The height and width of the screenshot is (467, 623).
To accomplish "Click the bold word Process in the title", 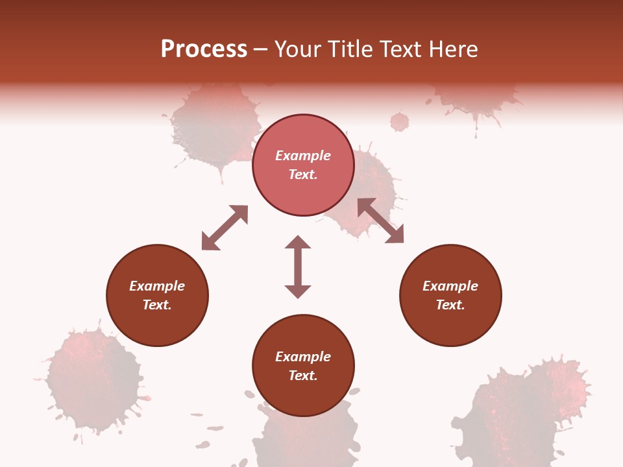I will pyautogui.click(x=204, y=49).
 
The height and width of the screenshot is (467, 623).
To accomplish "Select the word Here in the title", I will pyautogui.click(x=453, y=49).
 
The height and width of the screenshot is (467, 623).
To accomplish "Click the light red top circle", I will pyautogui.click(x=303, y=165).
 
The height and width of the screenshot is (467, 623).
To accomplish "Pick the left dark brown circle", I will pyautogui.click(x=157, y=295).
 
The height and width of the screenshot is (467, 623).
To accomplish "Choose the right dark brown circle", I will pyautogui.click(x=450, y=295).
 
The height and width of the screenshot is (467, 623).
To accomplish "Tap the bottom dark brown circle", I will pyautogui.click(x=303, y=365).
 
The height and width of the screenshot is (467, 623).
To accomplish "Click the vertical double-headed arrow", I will pyautogui.click(x=298, y=267).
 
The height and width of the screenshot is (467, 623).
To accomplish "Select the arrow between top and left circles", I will pyautogui.click(x=225, y=228).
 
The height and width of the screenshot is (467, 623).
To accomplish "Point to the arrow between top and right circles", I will pyautogui.click(x=381, y=221).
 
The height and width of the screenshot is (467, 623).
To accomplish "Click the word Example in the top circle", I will pyautogui.click(x=303, y=156).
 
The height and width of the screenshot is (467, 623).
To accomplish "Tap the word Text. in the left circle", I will pyautogui.click(x=157, y=305).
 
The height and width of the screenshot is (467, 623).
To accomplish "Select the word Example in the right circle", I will pyautogui.click(x=450, y=286).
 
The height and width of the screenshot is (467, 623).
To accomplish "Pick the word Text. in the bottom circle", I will pyautogui.click(x=303, y=376).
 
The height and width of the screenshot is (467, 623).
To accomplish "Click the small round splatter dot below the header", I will pyautogui.click(x=400, y=121).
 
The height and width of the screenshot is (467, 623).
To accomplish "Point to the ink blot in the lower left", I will pyautogui.click(x=94, y=380).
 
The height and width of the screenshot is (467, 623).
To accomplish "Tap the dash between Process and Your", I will pyautogui.click(x=261, y=49).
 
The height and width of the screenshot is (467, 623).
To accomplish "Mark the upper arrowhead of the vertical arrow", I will pyautogui.click(x=298, y=242).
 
